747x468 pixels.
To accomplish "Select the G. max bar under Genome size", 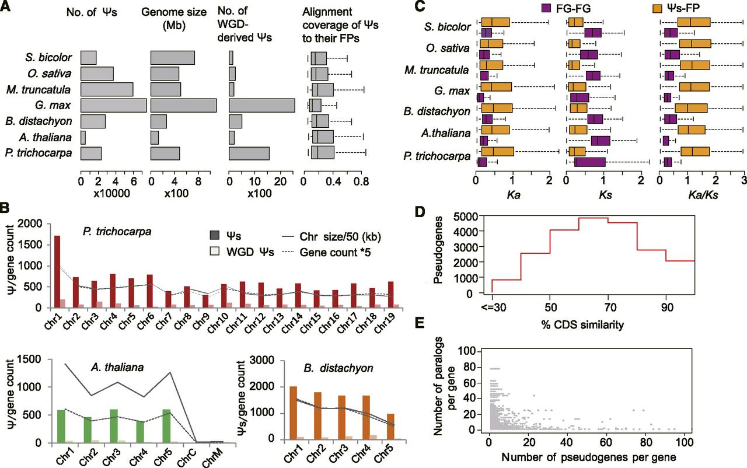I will coord(183,106).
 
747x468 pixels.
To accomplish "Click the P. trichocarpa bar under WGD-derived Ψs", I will coord(249,153).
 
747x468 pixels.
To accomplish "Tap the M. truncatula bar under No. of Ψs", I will coord(107,89).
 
